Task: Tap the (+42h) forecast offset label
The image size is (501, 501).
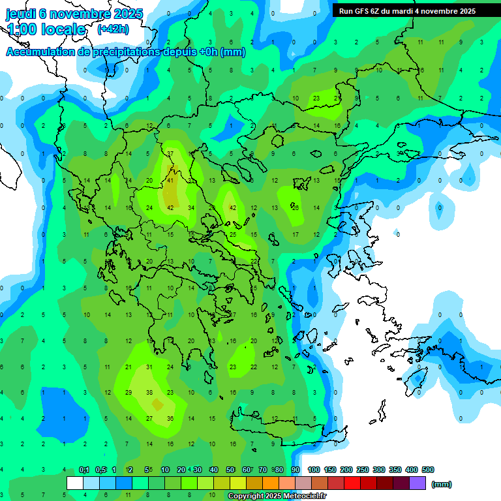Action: coord(113,29)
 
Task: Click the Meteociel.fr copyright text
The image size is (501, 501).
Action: coord(277,496)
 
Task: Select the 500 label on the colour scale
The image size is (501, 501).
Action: coord(428,470)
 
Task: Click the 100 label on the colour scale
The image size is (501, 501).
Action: coord(314,470)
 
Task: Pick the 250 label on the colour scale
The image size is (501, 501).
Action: coord(363,470)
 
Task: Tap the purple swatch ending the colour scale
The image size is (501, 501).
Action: coord(417,483)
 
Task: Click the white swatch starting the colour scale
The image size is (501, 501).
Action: coord(74,483)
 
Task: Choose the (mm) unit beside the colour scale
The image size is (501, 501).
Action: coord(442,484)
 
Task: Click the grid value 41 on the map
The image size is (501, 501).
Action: coord(170,181)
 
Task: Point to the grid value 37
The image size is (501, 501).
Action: coord(170,154)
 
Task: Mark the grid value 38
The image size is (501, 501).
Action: coord(149,393)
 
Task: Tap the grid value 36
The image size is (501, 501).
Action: coord(170,419)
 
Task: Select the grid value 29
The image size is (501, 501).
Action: coord(129,393)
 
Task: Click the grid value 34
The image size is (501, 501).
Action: coord(191,208)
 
